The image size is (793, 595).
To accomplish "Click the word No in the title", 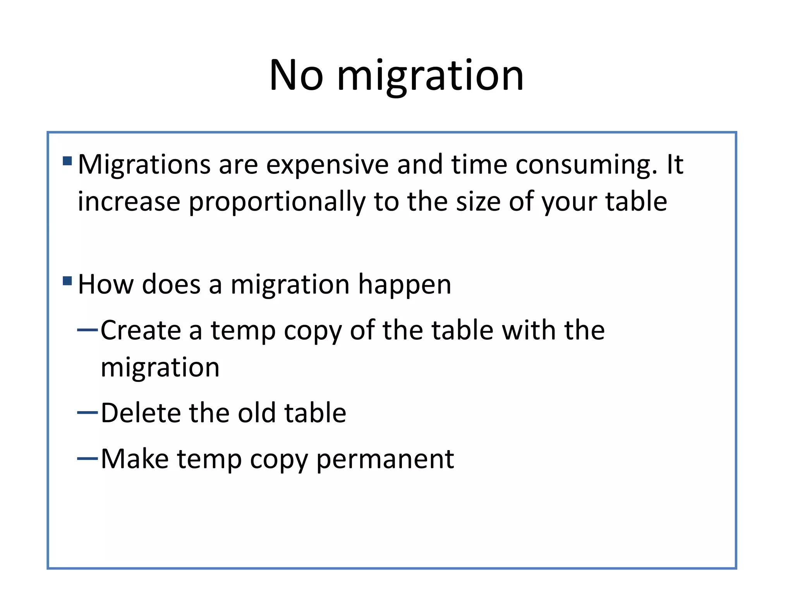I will (x=296, y=75).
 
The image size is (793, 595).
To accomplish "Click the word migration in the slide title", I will (x=430, y=76).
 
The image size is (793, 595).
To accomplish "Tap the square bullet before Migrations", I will (x=67, y=161).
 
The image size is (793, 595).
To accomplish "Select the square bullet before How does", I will (x=67, y=280).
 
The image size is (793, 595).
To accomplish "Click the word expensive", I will (x=327, y=165).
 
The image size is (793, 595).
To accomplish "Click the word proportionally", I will (x=277, y=202).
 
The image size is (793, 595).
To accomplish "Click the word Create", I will (x=141, y=330).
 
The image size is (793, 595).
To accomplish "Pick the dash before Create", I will (x=88, y=330).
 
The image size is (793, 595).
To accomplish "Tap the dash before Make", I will (x=88, y=459).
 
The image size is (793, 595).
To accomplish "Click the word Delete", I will (x=141, y=413).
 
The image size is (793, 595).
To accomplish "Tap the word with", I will (x=529, y=330).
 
